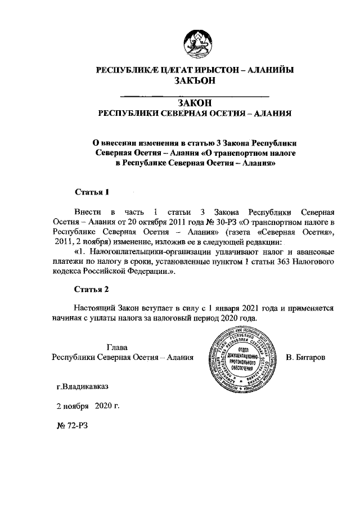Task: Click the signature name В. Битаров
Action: (x=306, y=357)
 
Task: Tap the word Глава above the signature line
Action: (x=117, y=346)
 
